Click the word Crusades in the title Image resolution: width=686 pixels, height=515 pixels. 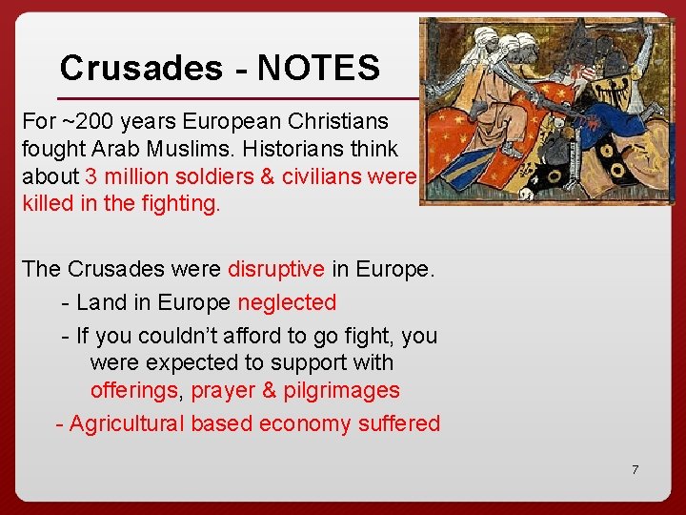pyautogui.click(x=141, y=68)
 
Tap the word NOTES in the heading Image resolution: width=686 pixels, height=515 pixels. pyautogui.click(x=318, y=68)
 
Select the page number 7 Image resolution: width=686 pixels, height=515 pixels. pyautogui.click(x=635, y=469)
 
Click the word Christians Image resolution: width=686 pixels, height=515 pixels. pyautogui.click(x=335, y=122)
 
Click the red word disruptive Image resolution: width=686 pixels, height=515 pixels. pyautogui.click(x=276, y=269)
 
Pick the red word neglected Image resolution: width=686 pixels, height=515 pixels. pyautogui.click(x=287, y=303)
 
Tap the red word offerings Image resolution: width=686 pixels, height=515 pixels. pyautogui.click(x=134, y=390)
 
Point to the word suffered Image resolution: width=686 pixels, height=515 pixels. pyautogui.click(x=399, y=423)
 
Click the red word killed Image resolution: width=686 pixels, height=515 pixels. pyautogui.click(x=50, y=203)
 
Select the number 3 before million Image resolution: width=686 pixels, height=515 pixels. pyautogui.click(x=91, y=176)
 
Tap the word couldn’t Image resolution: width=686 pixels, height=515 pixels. pyautogui.click(x=182, y=336)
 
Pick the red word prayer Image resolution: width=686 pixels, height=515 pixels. pyautogui.click(x=226, y=390)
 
